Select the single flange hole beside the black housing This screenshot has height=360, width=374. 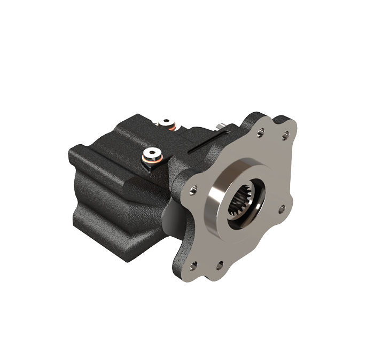(193, 188)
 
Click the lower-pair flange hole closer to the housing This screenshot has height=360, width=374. (193, 263)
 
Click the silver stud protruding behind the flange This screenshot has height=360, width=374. (220, 127)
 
